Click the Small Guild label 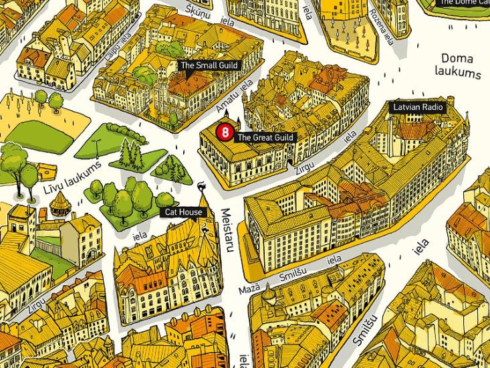(x=209, y=66)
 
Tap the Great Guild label (x=265, y=138)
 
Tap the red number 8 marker (x=225, y=132)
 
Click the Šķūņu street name (x=199, y=10)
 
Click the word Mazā (x=249, y=290)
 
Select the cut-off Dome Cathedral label (x=463, y=3)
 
